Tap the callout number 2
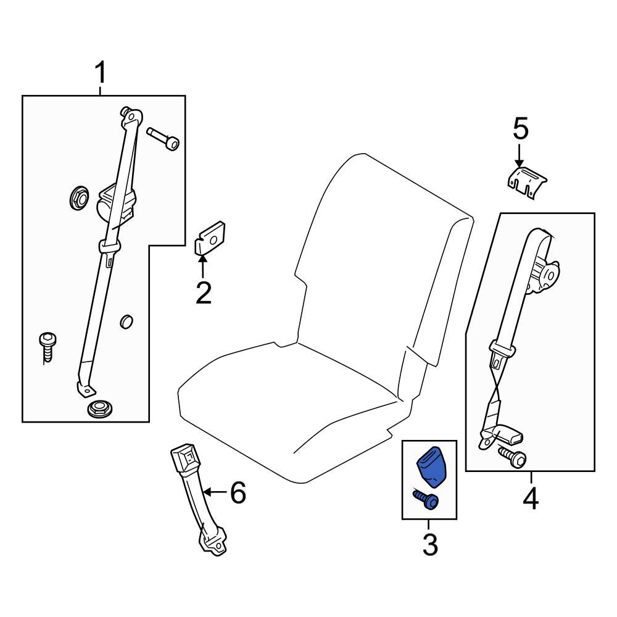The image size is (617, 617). (203, 293)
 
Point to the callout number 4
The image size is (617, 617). (531, 499)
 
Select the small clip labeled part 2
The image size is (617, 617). (210, 239)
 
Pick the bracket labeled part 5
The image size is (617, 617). (528, 183)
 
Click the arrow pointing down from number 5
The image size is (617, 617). (520, 154)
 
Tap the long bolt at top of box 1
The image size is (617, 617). (164, 139)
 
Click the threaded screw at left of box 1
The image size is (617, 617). (48, 347)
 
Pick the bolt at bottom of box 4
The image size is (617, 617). (511, 457)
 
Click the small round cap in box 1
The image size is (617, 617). (126, 321)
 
